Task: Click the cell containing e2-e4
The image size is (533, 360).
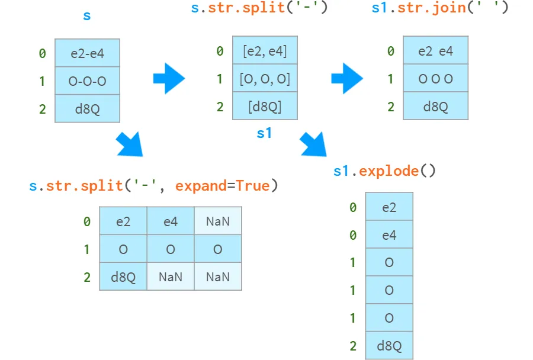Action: coord(87,53)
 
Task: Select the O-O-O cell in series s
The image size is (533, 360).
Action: coord(87,81)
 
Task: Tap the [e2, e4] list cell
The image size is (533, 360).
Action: coord(265,51)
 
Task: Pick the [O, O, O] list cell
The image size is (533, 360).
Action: coord(265,79)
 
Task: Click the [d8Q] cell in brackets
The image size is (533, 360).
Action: coord(265,107)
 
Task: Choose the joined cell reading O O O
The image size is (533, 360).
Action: coord(435,79)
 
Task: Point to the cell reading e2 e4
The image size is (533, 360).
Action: coord(435,51)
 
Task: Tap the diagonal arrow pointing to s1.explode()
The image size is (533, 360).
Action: coord(313,144)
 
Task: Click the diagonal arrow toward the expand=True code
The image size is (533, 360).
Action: coord(130,144)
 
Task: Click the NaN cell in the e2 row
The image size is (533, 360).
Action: coord(218,221)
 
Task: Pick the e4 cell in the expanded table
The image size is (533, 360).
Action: coord(171,221)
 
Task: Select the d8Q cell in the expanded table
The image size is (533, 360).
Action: coord(123,277)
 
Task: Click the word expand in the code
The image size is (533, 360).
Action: coord(201,186)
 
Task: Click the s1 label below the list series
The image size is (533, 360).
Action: coord(264,133)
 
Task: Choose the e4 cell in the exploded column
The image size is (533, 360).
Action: coord(389,235)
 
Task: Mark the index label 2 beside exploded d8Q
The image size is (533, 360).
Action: coord(353,346)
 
